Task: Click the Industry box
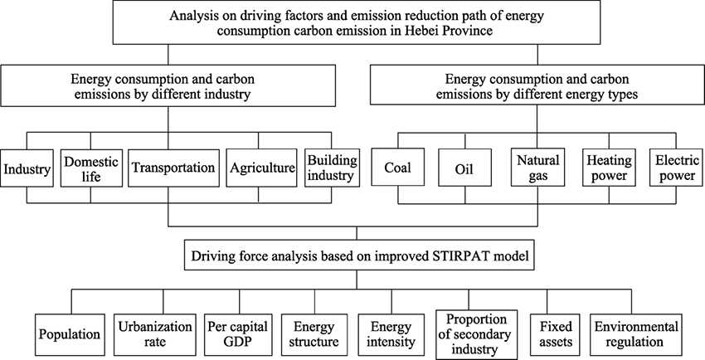[x=27, y=168]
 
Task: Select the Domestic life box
[x=91, y=168]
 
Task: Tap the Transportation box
[x=174, y=168]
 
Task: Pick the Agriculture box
[x=261, y=168]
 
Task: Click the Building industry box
[x=333, y=168]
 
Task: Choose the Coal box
[x=398, y=168]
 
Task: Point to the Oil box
[x=465, y=168]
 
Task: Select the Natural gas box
[x=537, y=168]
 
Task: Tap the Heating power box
[x=610, y=168]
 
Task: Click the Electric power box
[x=677, y=168]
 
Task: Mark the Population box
[x=70, y=335]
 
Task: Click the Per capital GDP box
[x=238, y=335]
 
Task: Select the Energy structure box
[x=314, y=335]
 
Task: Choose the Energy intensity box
[x=391, y=335]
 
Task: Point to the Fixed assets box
[x=556, y=335]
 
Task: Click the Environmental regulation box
[x=636, y=335]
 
